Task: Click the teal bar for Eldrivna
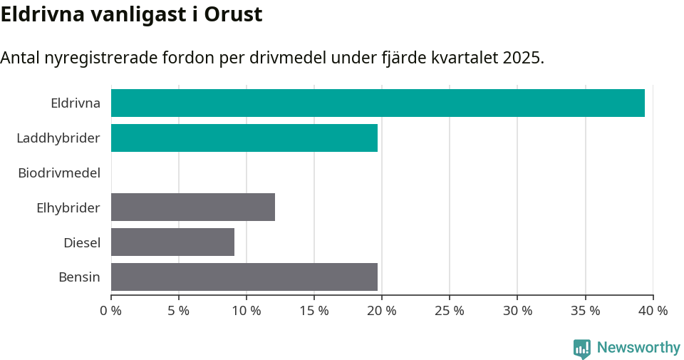pos(378,103)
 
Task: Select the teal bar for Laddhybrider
pos(244,138)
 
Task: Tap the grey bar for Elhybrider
pos(193,207)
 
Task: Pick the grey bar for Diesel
pos(172,242)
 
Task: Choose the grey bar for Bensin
pos(244,277)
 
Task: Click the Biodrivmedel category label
pos(59,173)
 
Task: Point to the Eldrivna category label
pos(76,103)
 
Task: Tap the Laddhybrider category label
pos(58,138)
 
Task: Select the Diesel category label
pos(82,242)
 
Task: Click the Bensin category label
pos(79,277)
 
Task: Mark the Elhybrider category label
pos(68,207)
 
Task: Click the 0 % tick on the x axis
pos(111,311)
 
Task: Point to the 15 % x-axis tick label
pos(314,311)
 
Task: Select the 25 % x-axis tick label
pos(450,311)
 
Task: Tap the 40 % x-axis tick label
pos(653,311)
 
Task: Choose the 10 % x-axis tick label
pos(247,311)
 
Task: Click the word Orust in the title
pos(233,15)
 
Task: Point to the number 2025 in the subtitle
pos(521,58)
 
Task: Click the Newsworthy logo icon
pos(582,348)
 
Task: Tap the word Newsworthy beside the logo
pos(638,348)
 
